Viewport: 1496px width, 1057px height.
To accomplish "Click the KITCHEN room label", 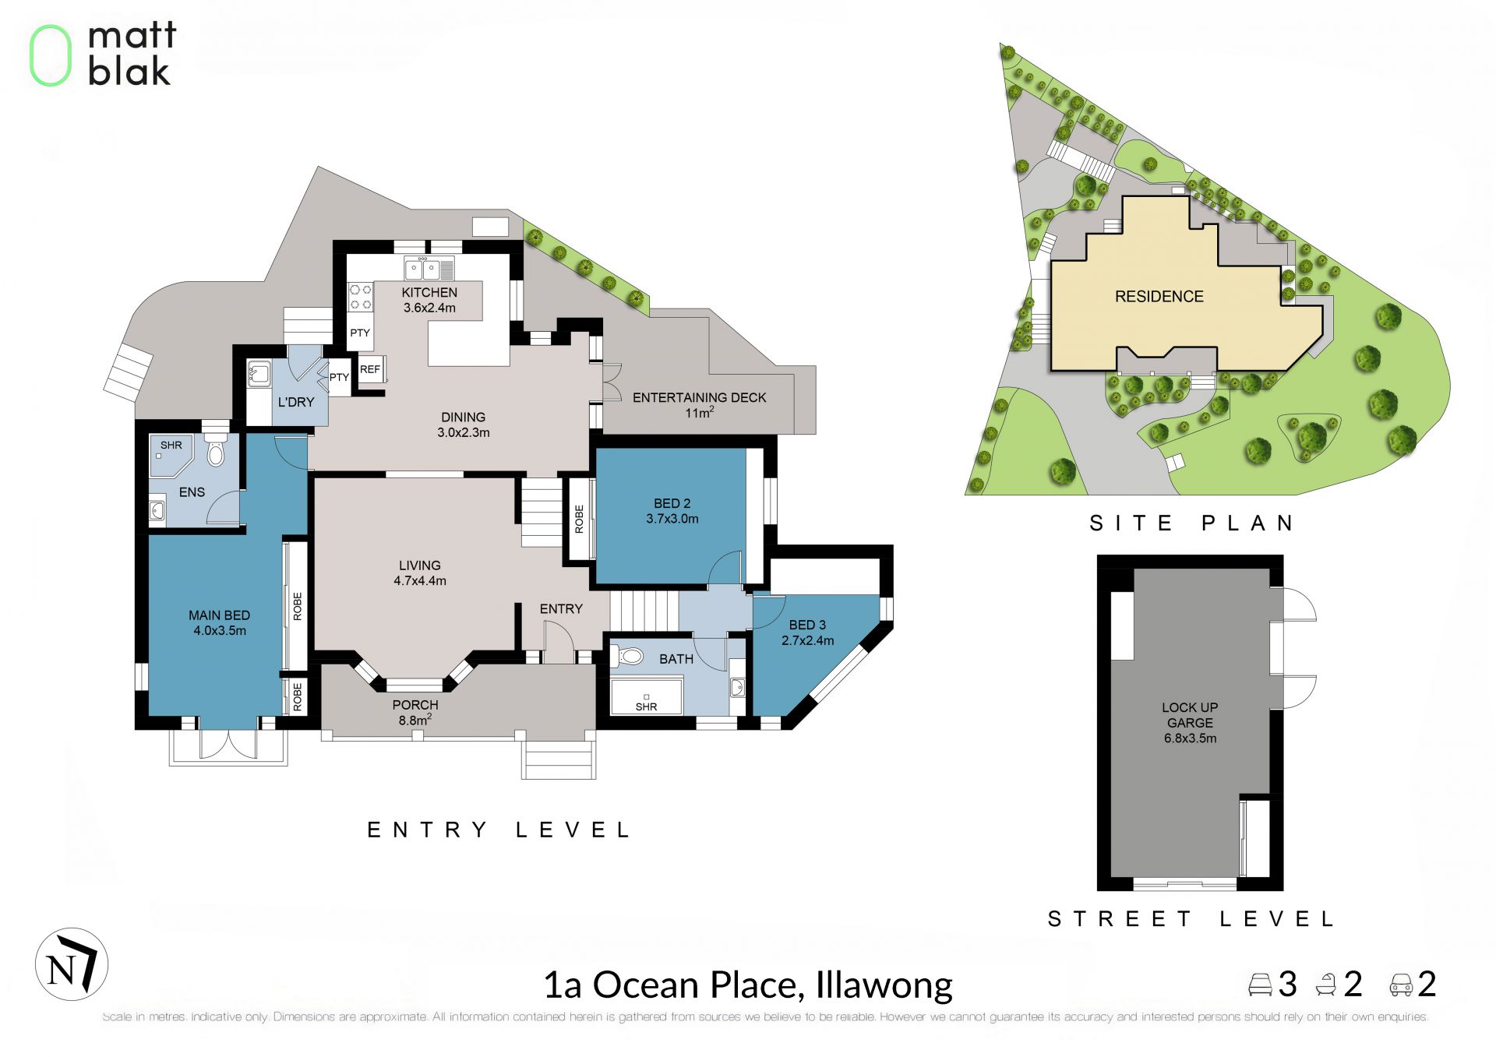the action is [429, 293].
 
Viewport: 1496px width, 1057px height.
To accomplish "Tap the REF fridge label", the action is [370, 369].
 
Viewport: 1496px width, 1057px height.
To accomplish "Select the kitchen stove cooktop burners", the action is [360, 297].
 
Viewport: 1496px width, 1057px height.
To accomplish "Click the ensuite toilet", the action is [216, 452].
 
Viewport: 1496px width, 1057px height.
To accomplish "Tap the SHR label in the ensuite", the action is [171, 446].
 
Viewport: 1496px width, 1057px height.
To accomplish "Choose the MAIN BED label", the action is [220, 615].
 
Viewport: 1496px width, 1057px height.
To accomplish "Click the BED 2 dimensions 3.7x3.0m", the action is [672, 519].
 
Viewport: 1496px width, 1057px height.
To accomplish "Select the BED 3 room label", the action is [807, 625].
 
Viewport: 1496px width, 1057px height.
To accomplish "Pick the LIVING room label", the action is [420, 565].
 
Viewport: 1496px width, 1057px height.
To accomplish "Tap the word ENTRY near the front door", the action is [561, 609].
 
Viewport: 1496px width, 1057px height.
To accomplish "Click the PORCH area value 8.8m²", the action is [415, 720].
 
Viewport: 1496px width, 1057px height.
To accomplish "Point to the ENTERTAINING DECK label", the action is [700, 398].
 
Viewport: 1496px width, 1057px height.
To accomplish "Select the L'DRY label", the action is [296, 402].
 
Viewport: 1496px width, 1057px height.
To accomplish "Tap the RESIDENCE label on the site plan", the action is [1159, 297].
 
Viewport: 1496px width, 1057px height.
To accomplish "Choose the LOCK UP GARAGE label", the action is [1190, 715].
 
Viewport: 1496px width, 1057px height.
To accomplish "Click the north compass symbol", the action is [72, 964].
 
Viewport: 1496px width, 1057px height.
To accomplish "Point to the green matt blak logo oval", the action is [51, 55].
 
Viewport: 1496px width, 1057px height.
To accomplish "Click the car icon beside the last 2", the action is [1401, 985].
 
